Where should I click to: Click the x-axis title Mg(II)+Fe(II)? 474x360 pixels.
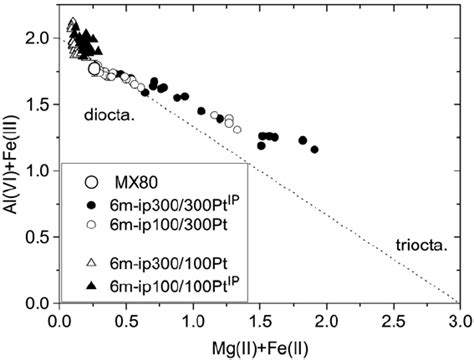click(x=259, y=347)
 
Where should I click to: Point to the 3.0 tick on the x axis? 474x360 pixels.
click(x=458, y=323)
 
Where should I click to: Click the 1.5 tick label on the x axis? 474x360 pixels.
click(x=259, y=323)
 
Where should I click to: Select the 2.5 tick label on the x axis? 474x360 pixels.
click(x=392, y=323)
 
